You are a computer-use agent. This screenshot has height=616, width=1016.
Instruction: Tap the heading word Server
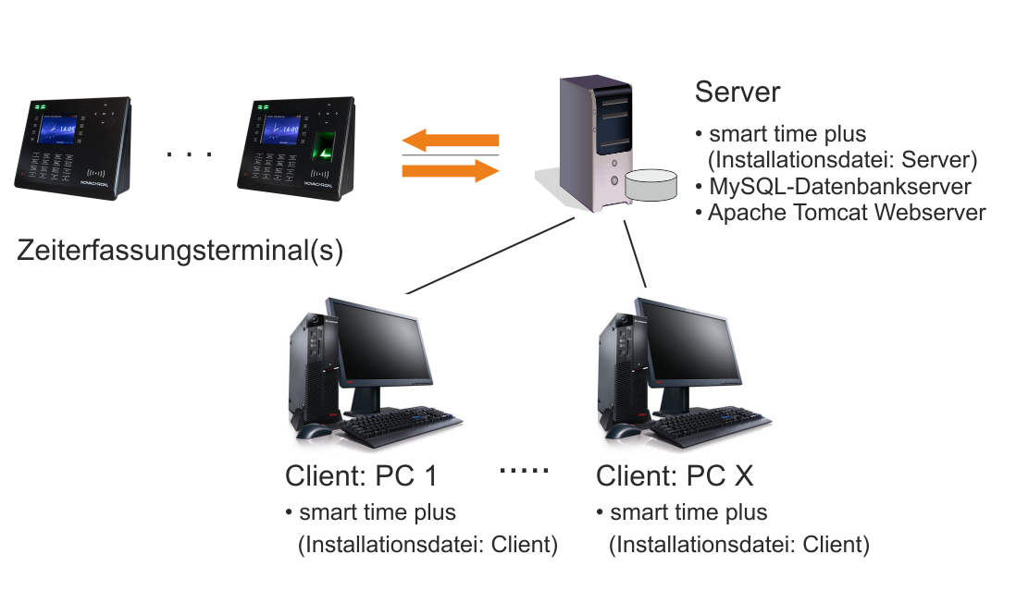click(x=737, y=92)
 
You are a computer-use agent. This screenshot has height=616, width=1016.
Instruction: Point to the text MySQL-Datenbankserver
click(x=839, y=187)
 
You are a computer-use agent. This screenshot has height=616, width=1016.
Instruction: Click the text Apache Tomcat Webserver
click(x=847, y=213)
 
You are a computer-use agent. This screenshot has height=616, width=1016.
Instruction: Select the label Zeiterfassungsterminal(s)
click(x=180, y=251)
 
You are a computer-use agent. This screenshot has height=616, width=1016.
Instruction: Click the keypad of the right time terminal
click(x=272, y=166)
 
